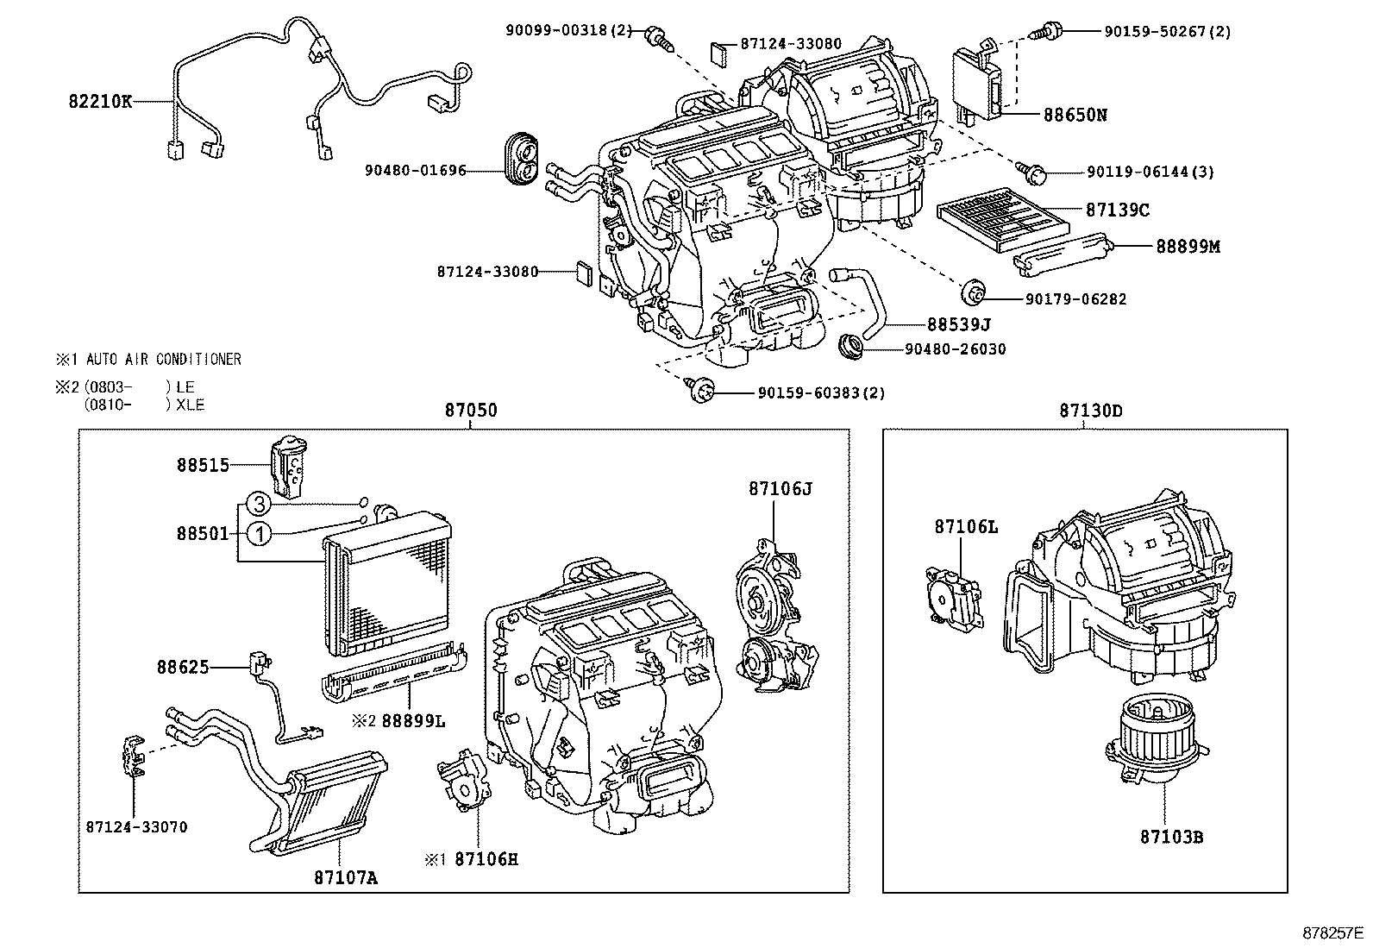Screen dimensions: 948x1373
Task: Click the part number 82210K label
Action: (100, 101)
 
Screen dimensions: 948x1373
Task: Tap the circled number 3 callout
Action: (259, 503)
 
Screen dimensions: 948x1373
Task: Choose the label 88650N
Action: (1075, 114)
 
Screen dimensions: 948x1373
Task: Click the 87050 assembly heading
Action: (471, 411)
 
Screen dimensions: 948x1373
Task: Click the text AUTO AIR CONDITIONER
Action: (163, 359)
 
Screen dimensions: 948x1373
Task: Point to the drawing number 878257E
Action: (1332, 932)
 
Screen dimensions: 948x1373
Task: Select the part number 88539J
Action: (958, 324)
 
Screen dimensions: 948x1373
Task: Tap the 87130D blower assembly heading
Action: (1091, 411)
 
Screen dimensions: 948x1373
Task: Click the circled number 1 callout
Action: (259, 535)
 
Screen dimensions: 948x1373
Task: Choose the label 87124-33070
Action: (136, 826)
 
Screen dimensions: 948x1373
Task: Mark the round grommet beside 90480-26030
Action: (853, 347)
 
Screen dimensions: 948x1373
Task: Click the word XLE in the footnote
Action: (190, 405)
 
